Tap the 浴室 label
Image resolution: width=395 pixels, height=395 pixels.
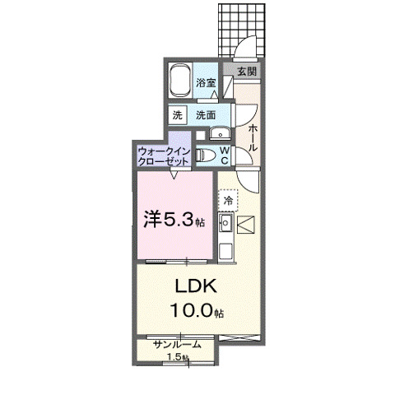click(206, 83)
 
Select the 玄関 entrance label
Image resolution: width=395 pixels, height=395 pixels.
click(247, 72)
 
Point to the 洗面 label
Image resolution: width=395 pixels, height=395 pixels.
click(206, 114)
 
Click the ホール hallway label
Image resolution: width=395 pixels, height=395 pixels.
click(252, 136)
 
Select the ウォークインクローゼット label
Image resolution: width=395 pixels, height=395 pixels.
click(165, 156)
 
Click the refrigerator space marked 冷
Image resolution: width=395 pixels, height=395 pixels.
click(226, 199)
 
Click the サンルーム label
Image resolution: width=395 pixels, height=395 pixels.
click(176, 345)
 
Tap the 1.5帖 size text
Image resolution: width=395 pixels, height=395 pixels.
click(177, 357)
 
